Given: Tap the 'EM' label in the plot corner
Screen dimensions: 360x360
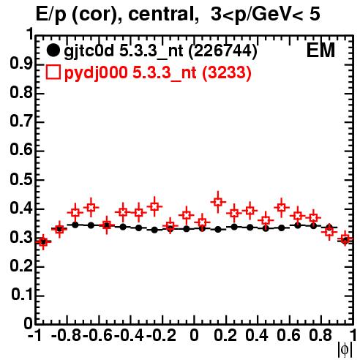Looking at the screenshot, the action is click(x=320, y=50).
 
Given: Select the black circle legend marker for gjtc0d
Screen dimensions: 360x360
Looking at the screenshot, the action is click(x=53, y=50).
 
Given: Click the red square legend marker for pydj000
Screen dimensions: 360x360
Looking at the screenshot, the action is click(x=53, y=72).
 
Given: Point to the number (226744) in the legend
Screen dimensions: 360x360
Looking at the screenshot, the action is click(x=223, y=50).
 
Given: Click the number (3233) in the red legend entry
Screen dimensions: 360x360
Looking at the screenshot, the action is click(x=227, y=72).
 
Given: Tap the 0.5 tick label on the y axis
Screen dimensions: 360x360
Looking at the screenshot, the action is click(x=21, y=179).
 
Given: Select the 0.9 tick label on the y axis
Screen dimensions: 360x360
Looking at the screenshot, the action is click(x=21, y=64).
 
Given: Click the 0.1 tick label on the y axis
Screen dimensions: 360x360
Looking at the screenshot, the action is click(x=22, y=295).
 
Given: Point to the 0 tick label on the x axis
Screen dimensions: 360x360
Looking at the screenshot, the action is click(x=194, y=335).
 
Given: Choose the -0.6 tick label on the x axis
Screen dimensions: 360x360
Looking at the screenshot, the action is click(x=98, y=335).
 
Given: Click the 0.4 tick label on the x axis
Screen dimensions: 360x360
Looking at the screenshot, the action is click(x=257, y=335).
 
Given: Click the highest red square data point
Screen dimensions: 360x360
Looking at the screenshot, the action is click(x=218, y=202).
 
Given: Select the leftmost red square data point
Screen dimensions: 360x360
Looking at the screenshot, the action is click(x=43, y=241).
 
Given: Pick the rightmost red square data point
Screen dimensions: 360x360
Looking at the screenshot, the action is click(x=345, y=239).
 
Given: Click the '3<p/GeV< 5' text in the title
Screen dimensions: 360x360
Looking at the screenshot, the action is click(x=265, y=14).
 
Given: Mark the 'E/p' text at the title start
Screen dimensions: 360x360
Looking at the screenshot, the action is click(x=51, y=15).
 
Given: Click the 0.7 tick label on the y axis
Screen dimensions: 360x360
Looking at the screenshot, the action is click(x=21, y=121).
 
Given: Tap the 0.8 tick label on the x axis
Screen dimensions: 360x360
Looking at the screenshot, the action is click(x=320, y=335).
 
